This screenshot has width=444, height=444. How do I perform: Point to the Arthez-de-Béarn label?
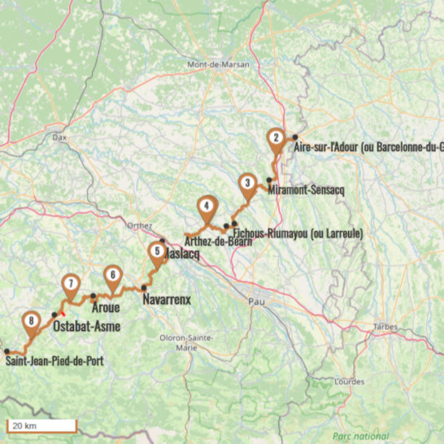[x=214, y=242]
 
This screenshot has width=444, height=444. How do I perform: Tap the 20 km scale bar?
[x=41, y=425]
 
